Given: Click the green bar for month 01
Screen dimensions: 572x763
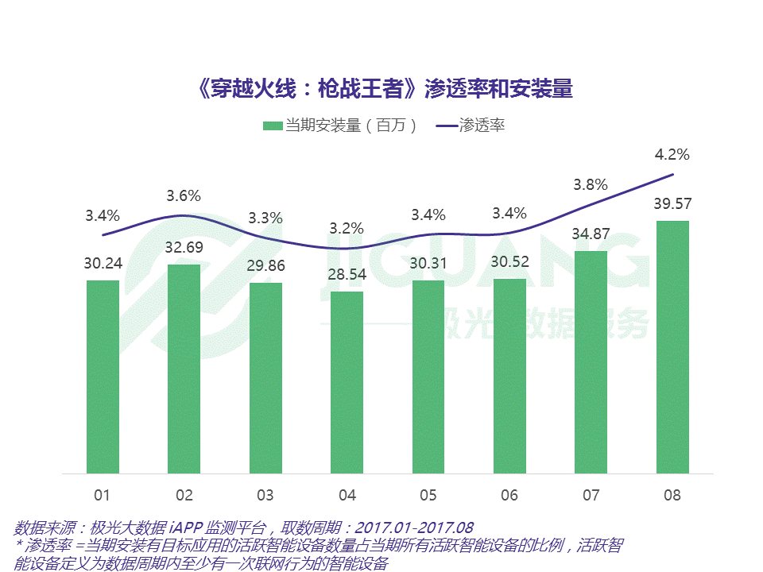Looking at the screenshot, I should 103,377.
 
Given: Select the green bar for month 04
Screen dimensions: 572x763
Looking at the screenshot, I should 347,382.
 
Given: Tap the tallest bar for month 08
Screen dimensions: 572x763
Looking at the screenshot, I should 672,347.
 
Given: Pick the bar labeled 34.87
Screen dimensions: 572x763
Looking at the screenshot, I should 591,362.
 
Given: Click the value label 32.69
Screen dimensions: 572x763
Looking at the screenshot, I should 184,247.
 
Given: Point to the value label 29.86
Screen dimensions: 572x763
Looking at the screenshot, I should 265,265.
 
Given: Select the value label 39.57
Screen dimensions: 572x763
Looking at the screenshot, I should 672,203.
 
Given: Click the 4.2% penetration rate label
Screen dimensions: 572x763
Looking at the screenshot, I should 672,154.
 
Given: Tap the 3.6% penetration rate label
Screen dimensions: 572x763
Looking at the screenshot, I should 184,195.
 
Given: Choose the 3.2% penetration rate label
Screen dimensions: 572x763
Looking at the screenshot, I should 347,229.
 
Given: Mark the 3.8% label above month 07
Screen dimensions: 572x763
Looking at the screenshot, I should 591,184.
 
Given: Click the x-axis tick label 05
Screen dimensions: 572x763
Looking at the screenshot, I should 428,496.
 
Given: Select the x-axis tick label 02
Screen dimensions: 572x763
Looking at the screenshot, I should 184,496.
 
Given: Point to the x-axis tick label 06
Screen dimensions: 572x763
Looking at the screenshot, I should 509,496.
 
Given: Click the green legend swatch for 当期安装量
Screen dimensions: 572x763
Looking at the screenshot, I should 273,126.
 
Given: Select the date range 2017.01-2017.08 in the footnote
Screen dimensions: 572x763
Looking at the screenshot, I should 414,528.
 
